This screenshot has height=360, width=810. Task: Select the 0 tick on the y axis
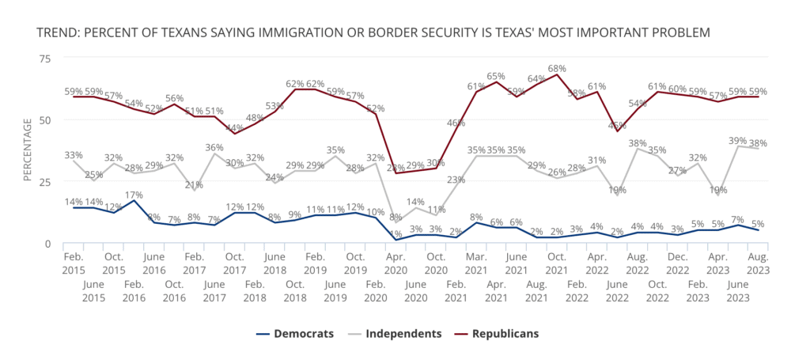tap(48, 244)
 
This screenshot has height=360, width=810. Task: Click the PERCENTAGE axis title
tap(27, 150)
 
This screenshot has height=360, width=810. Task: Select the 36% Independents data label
tap(214, 146)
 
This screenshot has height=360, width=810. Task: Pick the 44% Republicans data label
tap(235, 127)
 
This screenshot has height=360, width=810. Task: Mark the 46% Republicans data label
tap(456, 123)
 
